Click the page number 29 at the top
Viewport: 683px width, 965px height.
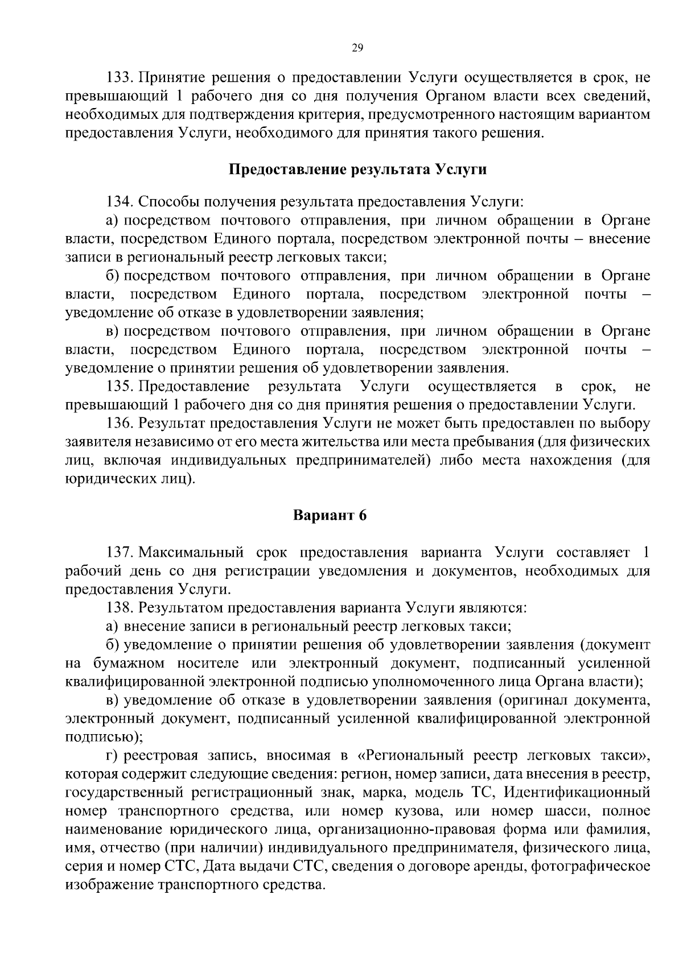[357, 48]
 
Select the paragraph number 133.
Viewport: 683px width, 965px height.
[120, 78]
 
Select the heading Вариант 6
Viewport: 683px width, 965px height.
[330, 516]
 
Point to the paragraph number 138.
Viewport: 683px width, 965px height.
[120, 608]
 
